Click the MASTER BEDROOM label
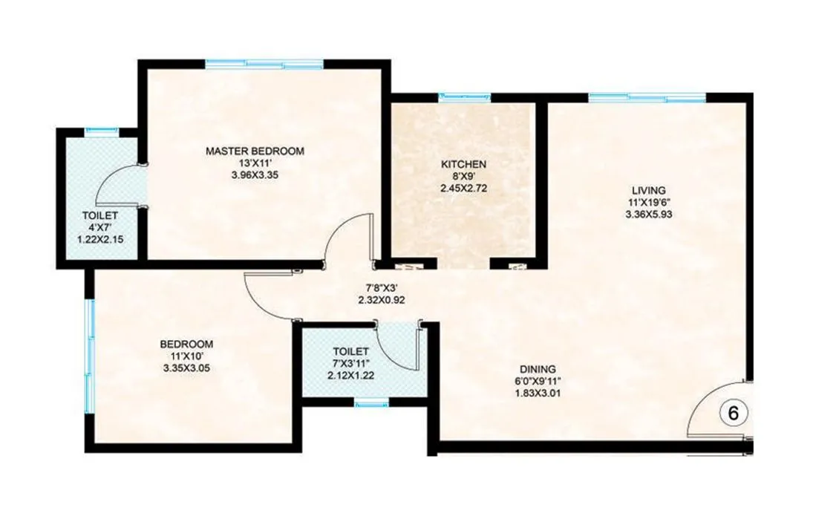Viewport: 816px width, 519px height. pos(255,151)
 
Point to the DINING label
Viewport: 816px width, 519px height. pos(538,368)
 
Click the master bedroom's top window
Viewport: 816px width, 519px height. pos(264,65)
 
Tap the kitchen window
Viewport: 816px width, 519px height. pos(465,97)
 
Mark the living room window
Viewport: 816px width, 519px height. pos(647,97)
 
